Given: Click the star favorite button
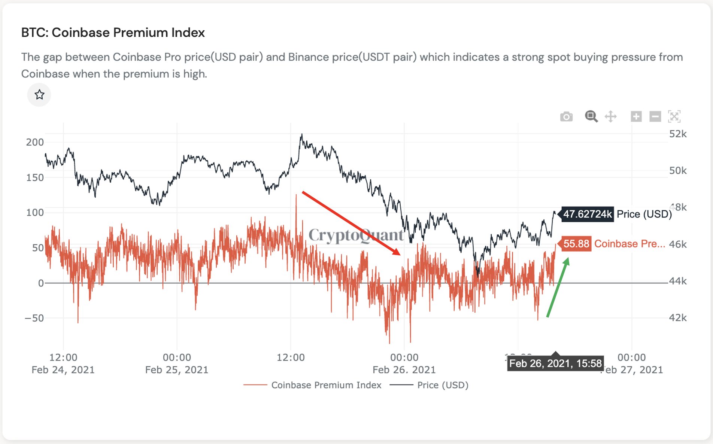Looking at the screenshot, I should (39, 95).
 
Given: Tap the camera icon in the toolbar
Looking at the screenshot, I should (566, 117).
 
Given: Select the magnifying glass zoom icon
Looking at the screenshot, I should (591, 116).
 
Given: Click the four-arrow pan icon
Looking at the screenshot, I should (610, 116).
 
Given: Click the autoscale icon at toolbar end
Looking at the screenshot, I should (674, 116).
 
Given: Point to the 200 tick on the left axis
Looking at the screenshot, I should (35, 142).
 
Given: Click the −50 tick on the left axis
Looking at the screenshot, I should (34, 318).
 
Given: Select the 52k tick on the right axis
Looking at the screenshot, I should (678, 134).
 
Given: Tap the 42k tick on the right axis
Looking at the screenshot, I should (678, 318).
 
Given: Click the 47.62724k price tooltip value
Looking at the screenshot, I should (587, 214).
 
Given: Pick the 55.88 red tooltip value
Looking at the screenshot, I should (576, 244).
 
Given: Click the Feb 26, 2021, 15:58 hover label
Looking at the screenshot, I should (555, 364).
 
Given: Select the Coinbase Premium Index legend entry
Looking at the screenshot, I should (326, 385).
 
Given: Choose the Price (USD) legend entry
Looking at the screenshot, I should (442, 385).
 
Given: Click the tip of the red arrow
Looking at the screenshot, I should (400, 255).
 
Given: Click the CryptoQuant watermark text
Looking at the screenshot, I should (356, 235).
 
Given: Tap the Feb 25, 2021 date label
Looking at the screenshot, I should (176, 370).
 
